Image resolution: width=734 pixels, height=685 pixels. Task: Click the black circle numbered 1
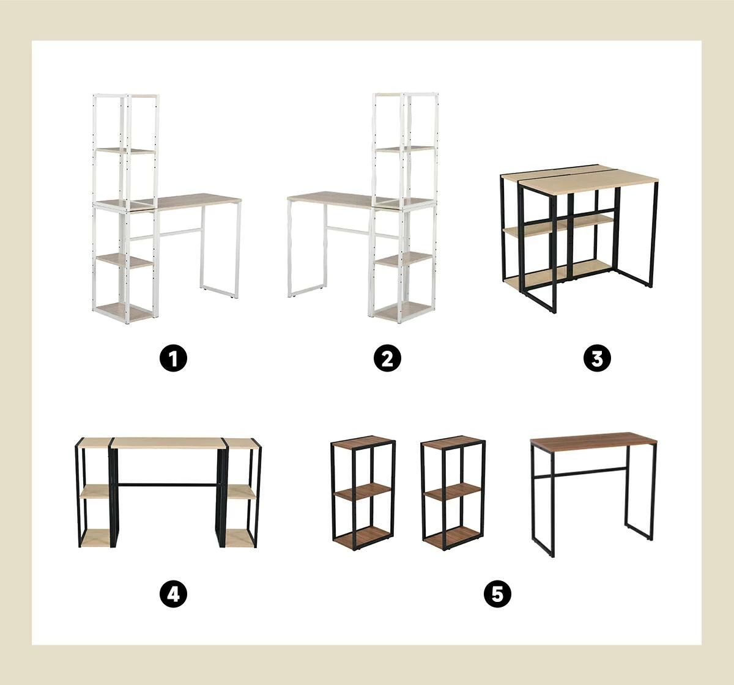tap(173, 358)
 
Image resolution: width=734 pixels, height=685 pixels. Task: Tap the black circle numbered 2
tap(387, 358)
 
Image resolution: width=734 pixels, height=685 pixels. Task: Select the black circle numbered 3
tap(597, 358)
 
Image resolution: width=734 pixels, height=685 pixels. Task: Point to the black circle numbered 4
tap(173, 594)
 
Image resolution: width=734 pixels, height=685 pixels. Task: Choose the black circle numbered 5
tap(497, 594)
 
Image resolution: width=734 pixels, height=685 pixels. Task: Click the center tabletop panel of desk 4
tap(169, 443)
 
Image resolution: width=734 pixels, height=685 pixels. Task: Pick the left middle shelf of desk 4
tap(95, 491)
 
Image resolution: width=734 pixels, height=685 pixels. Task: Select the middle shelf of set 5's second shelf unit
tap(453, 491)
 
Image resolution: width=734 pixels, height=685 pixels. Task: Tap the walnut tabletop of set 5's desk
tap(594, 439)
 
